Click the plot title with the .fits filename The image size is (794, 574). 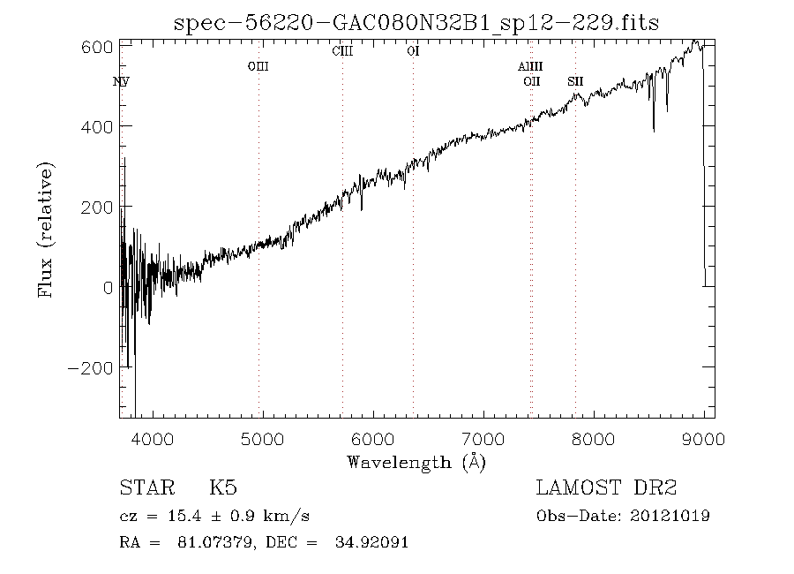tap(417, 22)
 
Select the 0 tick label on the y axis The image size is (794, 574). tap(108, 287)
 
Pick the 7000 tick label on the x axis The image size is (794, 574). tap(483, 438)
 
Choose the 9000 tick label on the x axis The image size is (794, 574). tap(704, 438)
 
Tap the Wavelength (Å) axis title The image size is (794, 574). tap(416, 462)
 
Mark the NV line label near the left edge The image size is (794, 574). tap(121, 82)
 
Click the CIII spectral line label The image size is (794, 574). tap(342, 51)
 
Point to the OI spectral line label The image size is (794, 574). tap(413, 51)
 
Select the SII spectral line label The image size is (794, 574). tap(575, 82)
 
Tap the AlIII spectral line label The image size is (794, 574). tap(530, 66)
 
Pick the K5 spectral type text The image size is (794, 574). tap(222, 488)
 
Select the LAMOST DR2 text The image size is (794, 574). tap(607, 488)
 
